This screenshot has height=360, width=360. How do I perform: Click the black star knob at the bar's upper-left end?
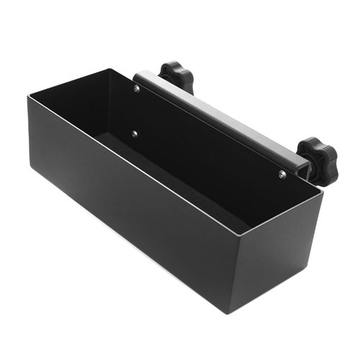[177, 75]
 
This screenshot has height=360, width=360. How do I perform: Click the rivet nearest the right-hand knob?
[282, 174]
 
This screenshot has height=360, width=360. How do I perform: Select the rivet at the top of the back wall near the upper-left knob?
[137, 89]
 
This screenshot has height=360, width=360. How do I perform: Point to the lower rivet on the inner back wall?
[133, 133]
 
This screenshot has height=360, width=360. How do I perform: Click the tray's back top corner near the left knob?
[109, 69]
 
